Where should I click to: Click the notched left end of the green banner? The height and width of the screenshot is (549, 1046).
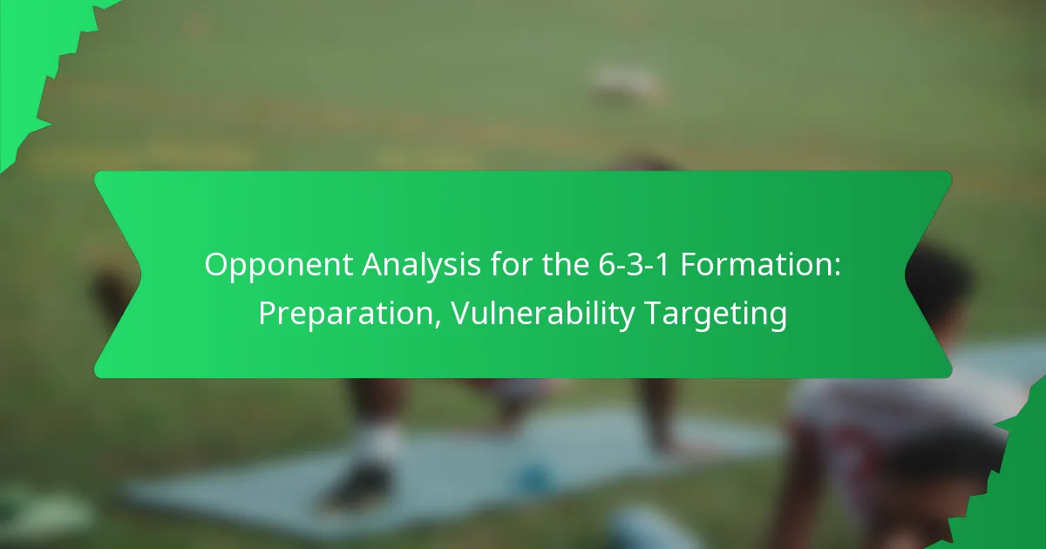[118, 274]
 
